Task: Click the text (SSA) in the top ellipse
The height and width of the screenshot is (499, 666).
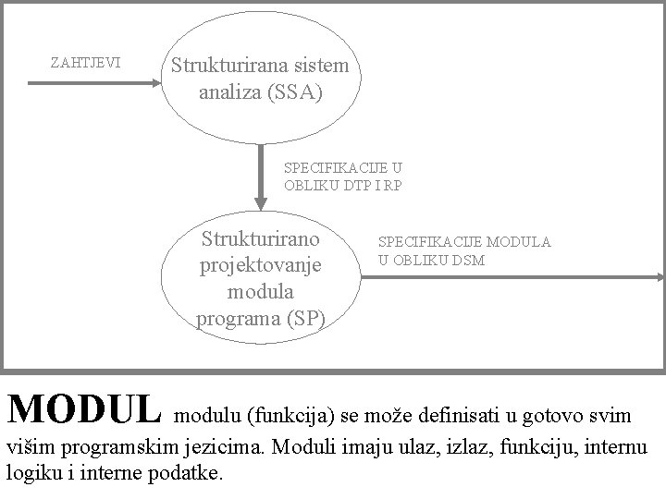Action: coord(293,92)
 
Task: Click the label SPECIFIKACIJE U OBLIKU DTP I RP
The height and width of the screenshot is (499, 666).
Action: coord(342,176)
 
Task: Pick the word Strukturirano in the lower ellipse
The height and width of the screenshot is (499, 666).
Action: coord(260,239)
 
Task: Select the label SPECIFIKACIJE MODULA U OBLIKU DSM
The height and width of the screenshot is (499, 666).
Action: coord(463,250)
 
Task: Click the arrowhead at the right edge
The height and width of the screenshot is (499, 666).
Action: coord(660,276)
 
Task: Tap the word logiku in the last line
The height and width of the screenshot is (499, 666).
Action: coord(32,472)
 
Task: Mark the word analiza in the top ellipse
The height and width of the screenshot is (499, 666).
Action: coord(231,92)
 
